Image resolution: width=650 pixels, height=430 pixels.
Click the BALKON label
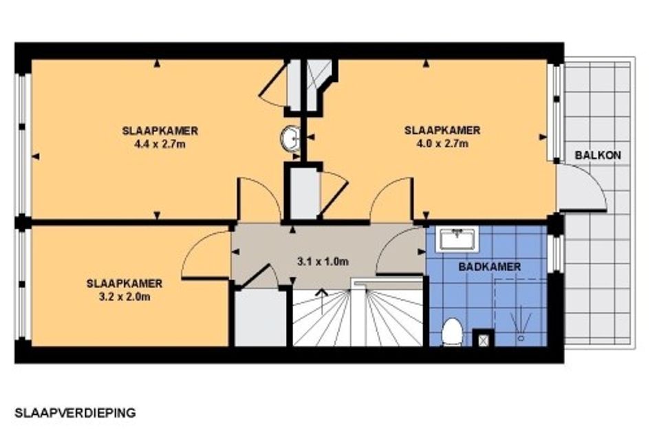tap(598, 155)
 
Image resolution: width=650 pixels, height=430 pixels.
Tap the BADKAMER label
tap(490, 267)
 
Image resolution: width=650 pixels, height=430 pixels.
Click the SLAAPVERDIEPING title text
tap(75, 413)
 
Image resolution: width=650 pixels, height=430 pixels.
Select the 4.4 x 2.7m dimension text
tap(160, 144)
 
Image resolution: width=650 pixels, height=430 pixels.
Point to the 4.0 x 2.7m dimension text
tap(442, 144)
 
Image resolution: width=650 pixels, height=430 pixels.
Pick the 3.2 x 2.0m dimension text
tap(124, 297)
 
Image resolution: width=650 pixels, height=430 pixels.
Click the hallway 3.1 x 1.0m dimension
tap(323, 261)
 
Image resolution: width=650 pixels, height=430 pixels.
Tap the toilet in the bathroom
tap(452, 332)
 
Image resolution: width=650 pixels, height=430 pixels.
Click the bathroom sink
tap(457, 239)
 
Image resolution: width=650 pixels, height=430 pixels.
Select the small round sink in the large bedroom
tap(290, 138)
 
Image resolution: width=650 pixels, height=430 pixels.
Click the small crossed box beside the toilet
tap(484, 338)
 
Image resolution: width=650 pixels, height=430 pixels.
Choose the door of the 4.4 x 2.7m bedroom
tap(259, 198)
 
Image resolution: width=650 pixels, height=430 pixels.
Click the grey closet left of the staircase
tap(260, 318)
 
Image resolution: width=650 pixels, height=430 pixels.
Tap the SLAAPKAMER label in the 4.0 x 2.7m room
tap(442, 130)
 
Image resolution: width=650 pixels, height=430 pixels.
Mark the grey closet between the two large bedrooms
tap(305, 192)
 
